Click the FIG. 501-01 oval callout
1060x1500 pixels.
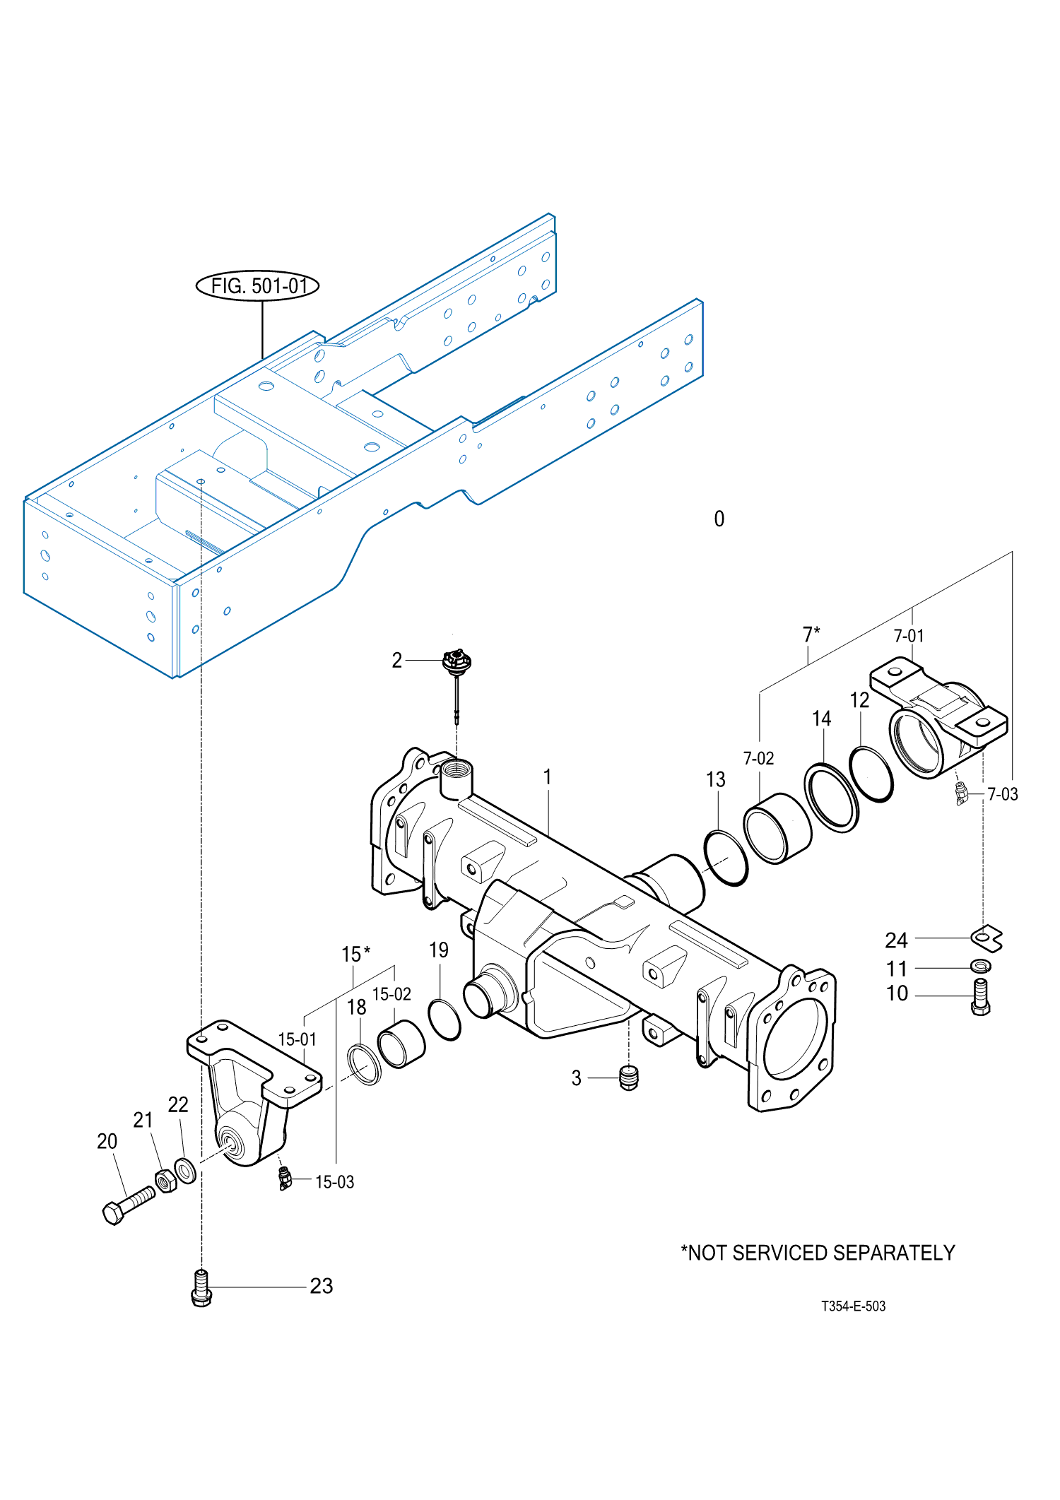257,285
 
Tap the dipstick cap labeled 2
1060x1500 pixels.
457,663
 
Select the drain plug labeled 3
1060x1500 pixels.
628,1077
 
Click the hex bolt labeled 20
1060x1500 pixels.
128,1205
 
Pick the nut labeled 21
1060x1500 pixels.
166,1181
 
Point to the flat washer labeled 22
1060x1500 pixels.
185,1170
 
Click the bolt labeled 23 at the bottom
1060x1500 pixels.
201,1287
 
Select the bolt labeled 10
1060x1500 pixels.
981,997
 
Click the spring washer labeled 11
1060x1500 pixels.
981,965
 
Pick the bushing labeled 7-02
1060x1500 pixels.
777,828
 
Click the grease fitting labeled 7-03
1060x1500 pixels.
961,794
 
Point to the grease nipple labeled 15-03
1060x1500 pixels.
284,1179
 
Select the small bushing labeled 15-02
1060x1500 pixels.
401,1044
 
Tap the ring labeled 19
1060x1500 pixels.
444,1020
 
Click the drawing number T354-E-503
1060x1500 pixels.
853,1306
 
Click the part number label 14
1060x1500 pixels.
821,719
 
